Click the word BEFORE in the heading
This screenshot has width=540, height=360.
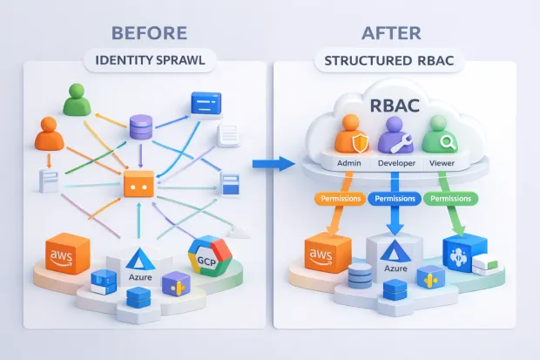[x=149, y=33]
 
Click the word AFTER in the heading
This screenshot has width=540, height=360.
[x=392, y=33]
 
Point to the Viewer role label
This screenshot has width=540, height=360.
[x=440, y=163]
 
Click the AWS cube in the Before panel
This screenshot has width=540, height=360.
[x=67, y=255]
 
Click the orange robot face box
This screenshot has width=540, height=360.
[x=138, y=186]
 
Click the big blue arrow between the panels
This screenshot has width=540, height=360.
[x=270, y=164]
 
